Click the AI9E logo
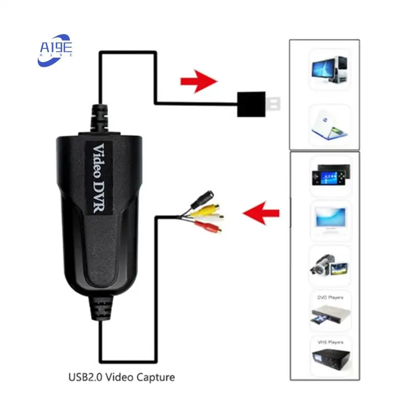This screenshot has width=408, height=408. pyautogui.click(x=56, y=49)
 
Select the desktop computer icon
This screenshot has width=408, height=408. pyautogui.click(x=330, y=70)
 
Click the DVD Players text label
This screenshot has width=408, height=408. pyautogui.click(x=330, y=297)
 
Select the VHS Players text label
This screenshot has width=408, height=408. pyautogui.click(x=330, y=342)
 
